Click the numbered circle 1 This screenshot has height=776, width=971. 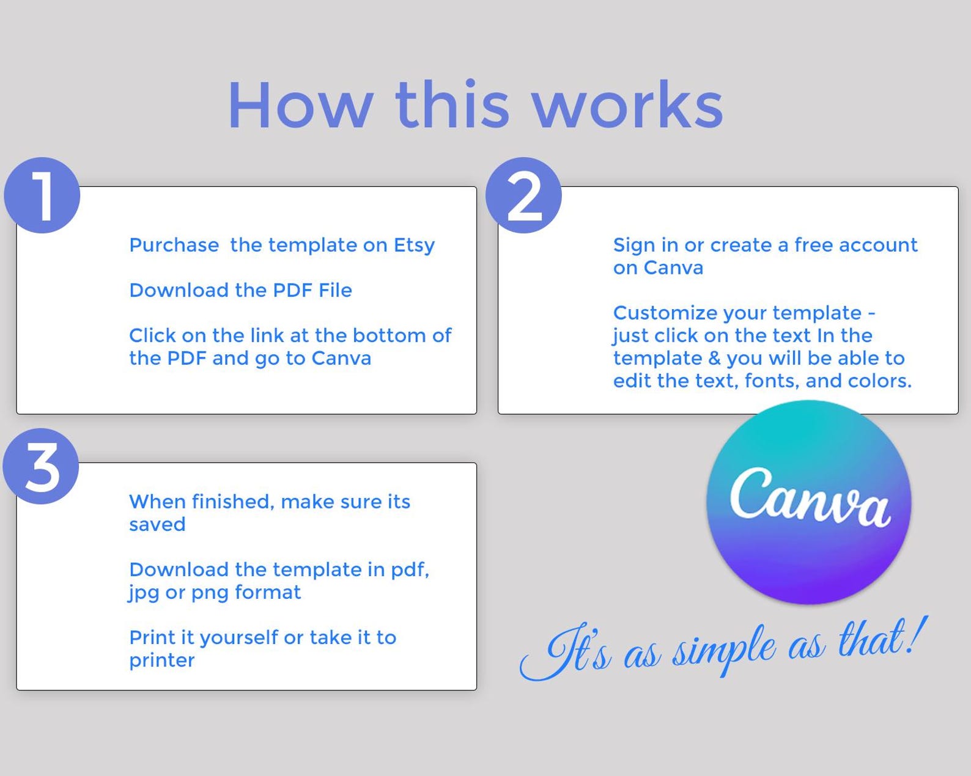point(42,196)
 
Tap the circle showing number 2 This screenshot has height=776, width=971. point(523,196)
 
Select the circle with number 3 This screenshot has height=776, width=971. point(41,466)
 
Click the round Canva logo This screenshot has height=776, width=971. point(808,502)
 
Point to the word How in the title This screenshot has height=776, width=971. point(301,106)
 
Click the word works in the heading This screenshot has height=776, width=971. point(629,106)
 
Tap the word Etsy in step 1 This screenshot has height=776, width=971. point(414,246)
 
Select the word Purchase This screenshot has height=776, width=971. point(174,245)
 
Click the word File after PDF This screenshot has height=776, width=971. point(335,290)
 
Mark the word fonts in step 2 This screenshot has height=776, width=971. point(772,381)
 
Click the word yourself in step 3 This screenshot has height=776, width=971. point(238,638)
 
